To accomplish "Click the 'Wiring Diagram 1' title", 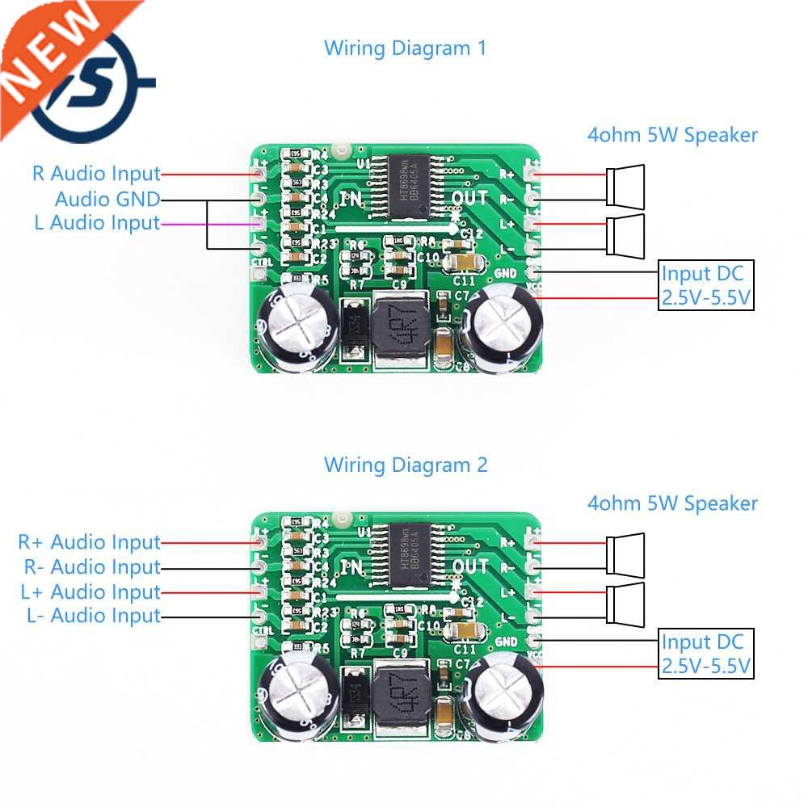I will coord(405,48).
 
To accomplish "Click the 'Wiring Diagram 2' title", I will coord(406,465).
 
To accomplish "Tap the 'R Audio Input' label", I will coord(96,174).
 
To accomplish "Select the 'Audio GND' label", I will coord(107,199).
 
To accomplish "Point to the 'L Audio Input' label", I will coord(97,223).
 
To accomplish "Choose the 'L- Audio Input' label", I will coord(94,616).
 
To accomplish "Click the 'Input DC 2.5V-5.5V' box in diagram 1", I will coord(706,286).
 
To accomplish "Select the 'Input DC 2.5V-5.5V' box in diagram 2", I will coord(706,654).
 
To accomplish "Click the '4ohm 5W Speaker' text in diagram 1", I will coord(672,135).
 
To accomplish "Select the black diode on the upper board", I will coord(353,328).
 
